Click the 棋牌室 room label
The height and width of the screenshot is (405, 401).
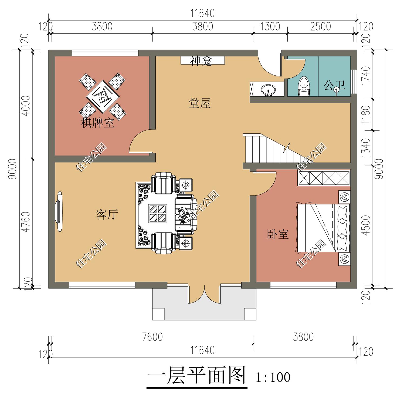click(98, 123)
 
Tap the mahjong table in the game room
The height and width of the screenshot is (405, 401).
click(102, 96)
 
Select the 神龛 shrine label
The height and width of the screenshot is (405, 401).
click(201, 61)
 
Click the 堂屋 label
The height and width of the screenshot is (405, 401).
click(199, 103)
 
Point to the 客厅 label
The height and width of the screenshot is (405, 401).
click(107, 215)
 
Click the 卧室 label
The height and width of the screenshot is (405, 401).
click(278, 234)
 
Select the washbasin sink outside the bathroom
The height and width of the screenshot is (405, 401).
click(268, 90)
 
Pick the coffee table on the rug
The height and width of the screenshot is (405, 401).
click(158, 213)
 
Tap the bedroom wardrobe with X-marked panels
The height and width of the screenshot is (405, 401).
click(324, 178)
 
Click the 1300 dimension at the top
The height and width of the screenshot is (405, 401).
click(270, 27)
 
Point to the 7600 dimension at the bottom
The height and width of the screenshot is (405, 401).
click(152, 337)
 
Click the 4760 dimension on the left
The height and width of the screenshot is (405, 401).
click(26, 222)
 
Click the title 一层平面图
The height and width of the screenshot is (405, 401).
click(197, 376)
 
